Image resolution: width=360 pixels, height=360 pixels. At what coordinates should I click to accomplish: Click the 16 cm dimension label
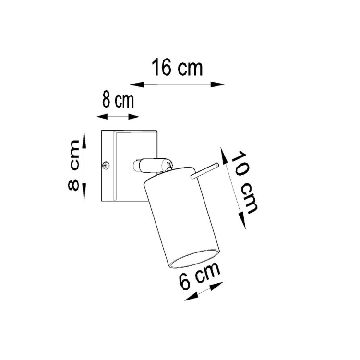pyautogui.click(x=178, y=68)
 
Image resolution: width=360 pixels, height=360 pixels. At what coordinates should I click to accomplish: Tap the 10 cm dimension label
pyautogui.click(x=245, y=182)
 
